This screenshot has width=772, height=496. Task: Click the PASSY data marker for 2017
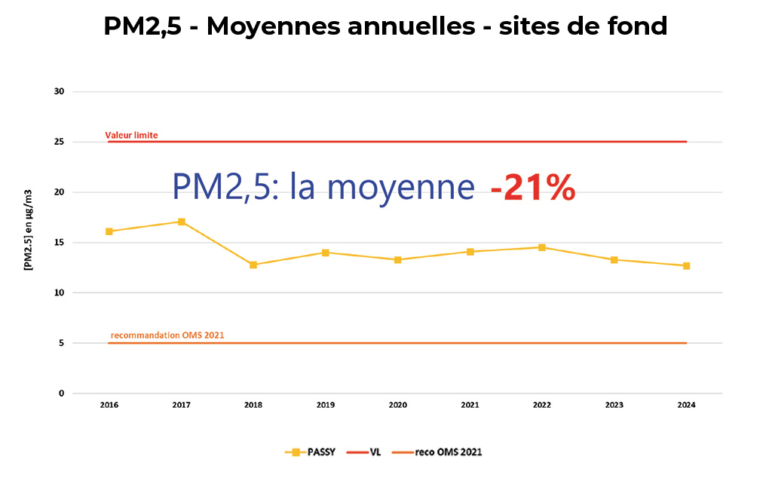182,222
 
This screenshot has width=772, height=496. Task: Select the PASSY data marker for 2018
253,265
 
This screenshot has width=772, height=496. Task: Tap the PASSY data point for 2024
686,265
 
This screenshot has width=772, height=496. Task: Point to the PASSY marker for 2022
542,247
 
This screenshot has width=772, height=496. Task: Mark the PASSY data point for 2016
109,231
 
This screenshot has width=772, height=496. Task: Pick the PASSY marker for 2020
398,260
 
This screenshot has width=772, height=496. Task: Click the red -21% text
533,187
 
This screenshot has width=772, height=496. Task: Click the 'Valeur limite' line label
131,136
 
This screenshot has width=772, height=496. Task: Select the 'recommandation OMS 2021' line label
167,335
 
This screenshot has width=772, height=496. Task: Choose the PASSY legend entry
311,452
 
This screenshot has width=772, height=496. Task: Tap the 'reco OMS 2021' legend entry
438,452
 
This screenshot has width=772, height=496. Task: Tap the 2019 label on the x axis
326,405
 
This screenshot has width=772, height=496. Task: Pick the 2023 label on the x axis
614,405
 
